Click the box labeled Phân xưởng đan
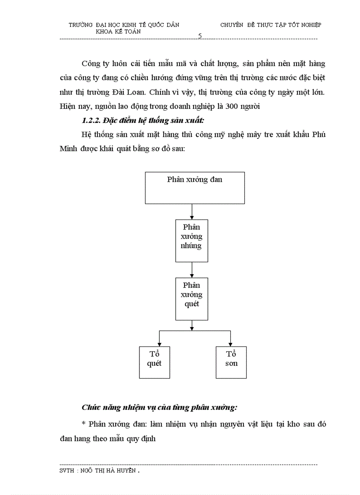[x=195, y=188]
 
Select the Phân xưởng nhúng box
[x=191, y=241]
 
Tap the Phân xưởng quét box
[x=191, y=298]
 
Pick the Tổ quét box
[x=154, y=362]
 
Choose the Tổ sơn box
[x=231, y=362]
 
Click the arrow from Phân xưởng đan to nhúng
[x=192, y=212]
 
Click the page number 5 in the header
[x=200, y=36]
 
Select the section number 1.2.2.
[x=91, y=120]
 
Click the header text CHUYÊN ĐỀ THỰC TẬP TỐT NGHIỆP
[x=270, y=25]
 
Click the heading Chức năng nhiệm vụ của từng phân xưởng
[x=159, y=407]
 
